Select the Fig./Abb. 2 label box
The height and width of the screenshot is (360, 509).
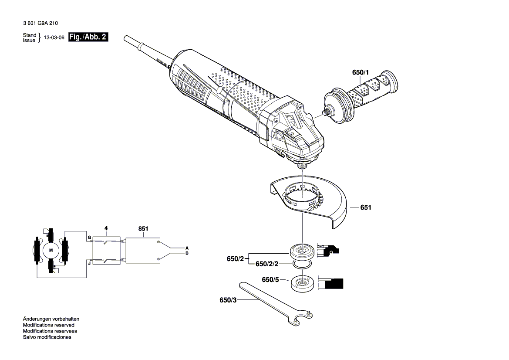pyautogui.click(x=88, y=37)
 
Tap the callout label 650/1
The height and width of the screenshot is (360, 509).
pyautogui.click(x=360, y=72)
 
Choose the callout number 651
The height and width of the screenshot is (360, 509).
pyautogui.click(x=366, y=208)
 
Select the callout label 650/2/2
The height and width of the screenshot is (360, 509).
pyautogui.click(x=266, y=264)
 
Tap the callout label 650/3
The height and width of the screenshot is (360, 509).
pyautogui.click(x=229, y=300)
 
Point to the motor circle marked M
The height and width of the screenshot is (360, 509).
pyautogui.click(x=51, y=250)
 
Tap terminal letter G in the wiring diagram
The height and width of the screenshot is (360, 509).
pyautogui.click(x=89, y=238)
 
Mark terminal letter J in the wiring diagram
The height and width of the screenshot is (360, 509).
pyautogui.click(x=89, y=263)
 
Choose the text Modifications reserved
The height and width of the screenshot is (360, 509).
pyautogui.click(x=48, y=325)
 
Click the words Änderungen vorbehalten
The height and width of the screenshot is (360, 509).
pyautogui.click(x=51, y=319)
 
